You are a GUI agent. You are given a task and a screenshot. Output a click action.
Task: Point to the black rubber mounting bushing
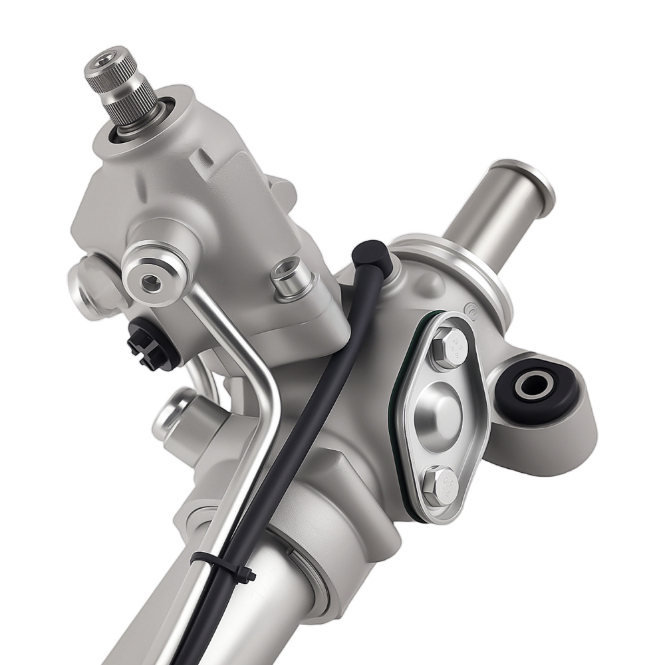(535, 388)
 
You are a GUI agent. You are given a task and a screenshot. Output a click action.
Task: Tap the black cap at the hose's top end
(368, 256)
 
